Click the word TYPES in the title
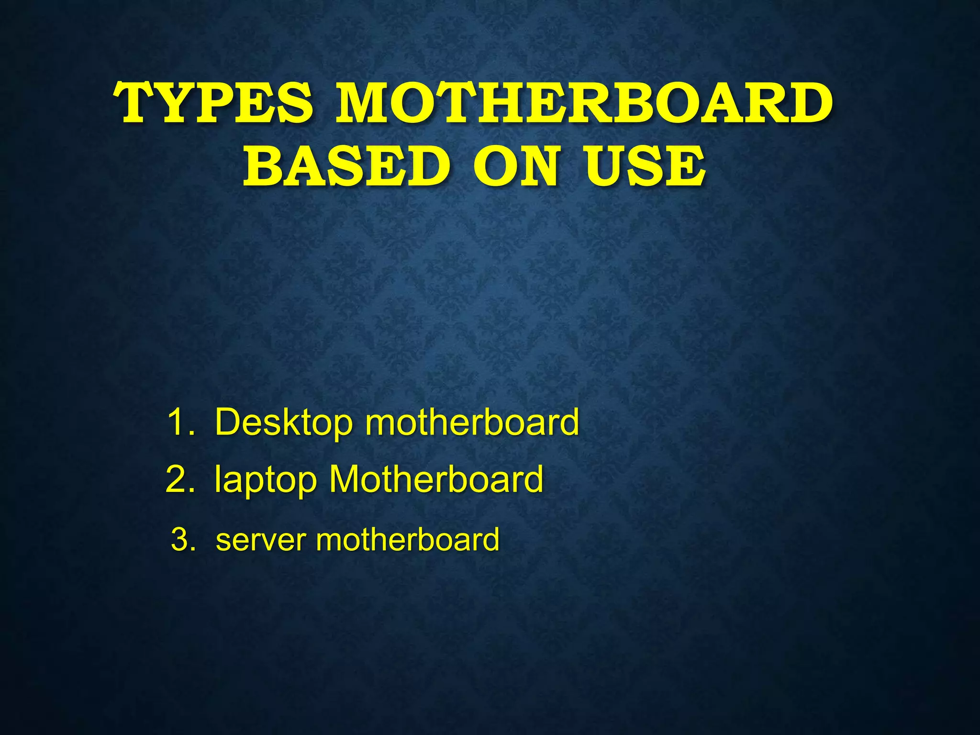pyautogui.click(x=214, y=102)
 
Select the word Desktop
pyautogui.click(x=284, y=422)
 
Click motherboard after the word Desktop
pyautogui.click(x=472, y=422)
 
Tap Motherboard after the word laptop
pyautogui.click(x=436, y=479)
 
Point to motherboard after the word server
pyautogui.click(x=408, y=540)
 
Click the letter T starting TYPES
pyautogui.click(x=135, y=102)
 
